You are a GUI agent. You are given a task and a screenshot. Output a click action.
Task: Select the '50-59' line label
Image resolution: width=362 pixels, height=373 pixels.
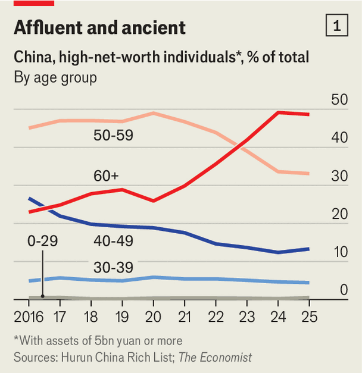click(113, 135)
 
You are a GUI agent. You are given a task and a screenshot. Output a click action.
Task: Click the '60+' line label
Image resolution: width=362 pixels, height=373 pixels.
click(106, 176)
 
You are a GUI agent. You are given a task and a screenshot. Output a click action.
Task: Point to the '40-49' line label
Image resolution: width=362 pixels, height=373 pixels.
click(113, 241)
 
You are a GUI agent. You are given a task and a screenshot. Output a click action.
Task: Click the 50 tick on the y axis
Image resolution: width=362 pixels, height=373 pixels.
click(339, 99)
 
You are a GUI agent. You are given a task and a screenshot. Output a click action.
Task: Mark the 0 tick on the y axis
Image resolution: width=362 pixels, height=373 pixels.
click(344, 290)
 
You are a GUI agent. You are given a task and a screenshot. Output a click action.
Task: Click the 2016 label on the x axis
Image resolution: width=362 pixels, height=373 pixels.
click(24, 315)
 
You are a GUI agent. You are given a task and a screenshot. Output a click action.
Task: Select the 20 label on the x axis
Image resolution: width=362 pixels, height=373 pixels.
click(154, 315)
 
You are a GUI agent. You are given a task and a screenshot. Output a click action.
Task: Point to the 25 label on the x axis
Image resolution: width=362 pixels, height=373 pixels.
click(309, 315)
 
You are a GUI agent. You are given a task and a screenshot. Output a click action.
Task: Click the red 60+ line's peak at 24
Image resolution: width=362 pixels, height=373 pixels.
click(278, 112)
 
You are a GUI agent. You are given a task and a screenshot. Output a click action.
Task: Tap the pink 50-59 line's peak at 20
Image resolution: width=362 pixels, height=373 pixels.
click(154, 113)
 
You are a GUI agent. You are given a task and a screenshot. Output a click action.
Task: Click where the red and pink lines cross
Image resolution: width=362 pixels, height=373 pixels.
click(239, 146)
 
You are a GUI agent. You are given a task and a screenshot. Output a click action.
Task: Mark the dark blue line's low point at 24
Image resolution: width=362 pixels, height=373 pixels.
click(278, 252)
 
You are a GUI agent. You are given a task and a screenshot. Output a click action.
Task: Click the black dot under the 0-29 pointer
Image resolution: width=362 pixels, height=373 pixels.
click(43, 296)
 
